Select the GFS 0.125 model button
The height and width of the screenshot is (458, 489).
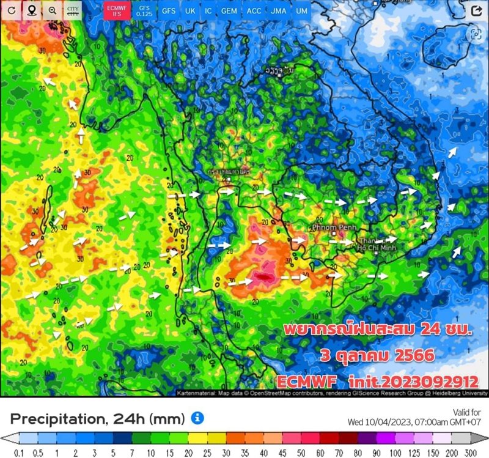[x=144, y=10]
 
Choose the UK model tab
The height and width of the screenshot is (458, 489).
[x=190, y=10]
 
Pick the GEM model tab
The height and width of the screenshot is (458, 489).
[x=229, y=10]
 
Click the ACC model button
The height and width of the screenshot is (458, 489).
[x=254, y=10]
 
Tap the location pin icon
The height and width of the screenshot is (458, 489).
[x=31, y=10]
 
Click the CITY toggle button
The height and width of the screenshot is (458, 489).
[x=73, y=10]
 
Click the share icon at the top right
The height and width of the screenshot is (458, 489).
[x=476, y=10]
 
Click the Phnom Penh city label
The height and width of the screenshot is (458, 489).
[x=333, y=227]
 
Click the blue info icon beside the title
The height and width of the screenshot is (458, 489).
[x=197, y=418]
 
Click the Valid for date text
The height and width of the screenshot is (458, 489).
[x=443, y=421]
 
